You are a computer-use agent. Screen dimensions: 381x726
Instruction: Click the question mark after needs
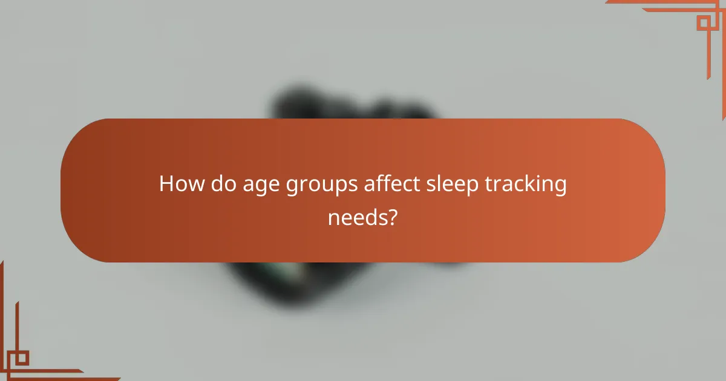[393, 216]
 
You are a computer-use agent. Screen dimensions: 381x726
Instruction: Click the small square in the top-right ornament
[703, 23]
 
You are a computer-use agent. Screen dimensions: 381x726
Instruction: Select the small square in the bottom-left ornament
[22, 357]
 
